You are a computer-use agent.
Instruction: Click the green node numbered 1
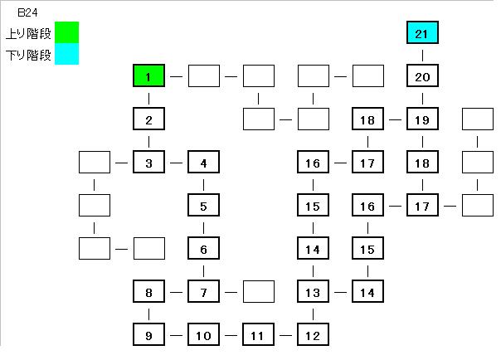point(148,76)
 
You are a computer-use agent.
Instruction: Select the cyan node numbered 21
point(422,33)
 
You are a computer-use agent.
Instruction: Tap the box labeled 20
point(422,76)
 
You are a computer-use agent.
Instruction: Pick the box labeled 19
point(422,119)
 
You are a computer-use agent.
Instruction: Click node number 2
point(148,119)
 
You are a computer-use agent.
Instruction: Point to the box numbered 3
point(148,163)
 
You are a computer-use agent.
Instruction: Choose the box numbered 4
point(203,163)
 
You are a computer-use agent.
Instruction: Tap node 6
point(203,249)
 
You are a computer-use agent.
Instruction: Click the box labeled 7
point(203,292)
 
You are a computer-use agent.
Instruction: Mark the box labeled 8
point(148,292)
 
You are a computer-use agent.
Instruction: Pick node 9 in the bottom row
point(148,335)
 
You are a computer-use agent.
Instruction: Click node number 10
point(203,335)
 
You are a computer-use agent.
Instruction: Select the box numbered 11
point(258,335)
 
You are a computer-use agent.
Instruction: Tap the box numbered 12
point(313,335)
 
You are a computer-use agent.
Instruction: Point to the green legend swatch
point(66,33)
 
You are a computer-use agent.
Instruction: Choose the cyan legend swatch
point(66,55)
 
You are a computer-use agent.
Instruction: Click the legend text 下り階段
point(28,56)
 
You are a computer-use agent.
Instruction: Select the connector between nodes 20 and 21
point(422,55)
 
